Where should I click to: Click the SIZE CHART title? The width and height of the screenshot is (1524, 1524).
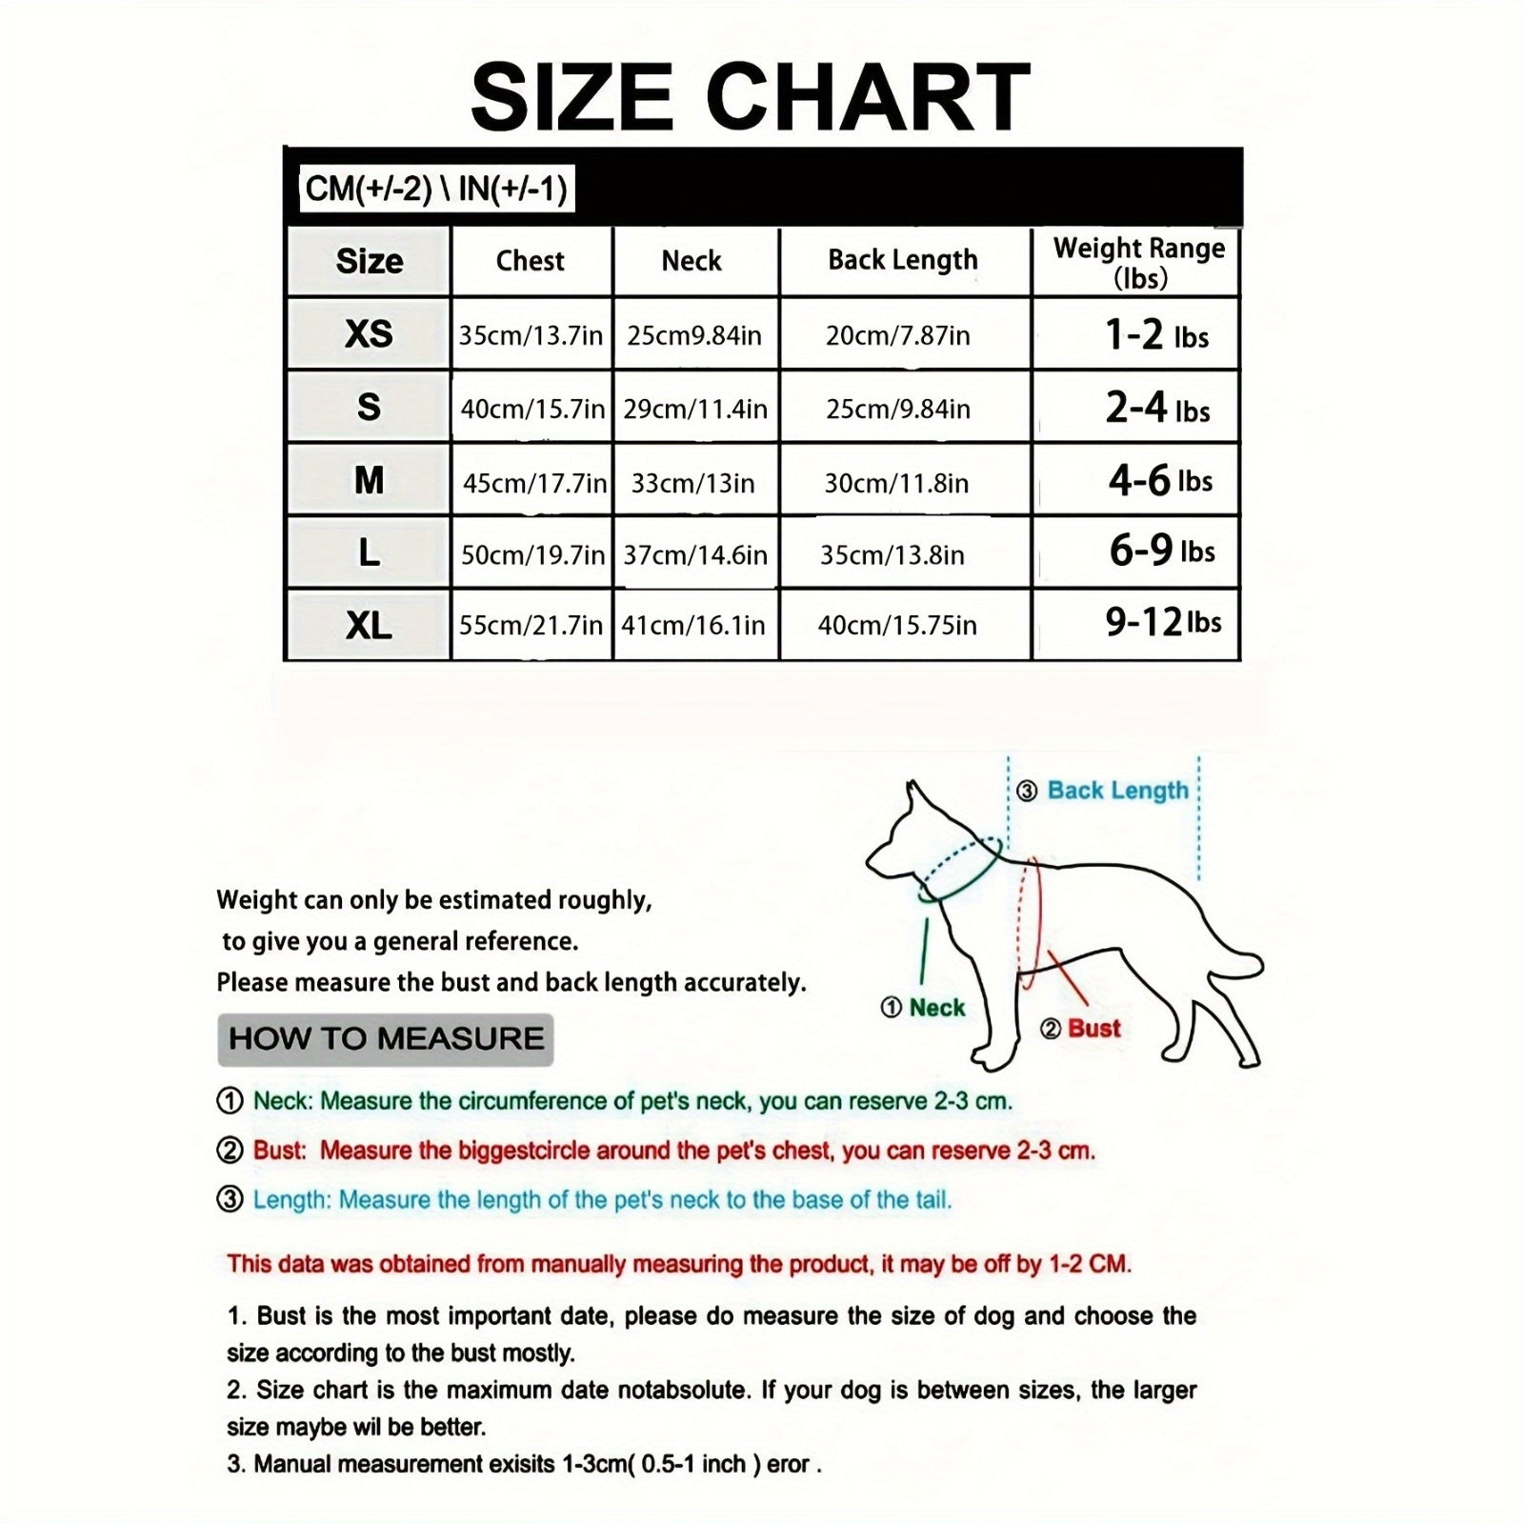[x=751, y=97]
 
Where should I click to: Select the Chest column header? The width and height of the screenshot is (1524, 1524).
[x=530, y=261]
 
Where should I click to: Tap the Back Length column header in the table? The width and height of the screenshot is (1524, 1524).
[x=902, y=260]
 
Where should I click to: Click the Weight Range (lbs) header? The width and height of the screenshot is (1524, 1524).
[x=1138, y=262]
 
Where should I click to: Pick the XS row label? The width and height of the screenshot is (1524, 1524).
[x=369, y=334]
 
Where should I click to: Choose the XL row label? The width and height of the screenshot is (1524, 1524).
[x=369, y=626]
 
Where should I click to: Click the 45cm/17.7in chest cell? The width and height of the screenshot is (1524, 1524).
[x=533, y=483]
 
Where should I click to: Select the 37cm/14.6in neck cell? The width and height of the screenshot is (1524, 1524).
[x=694, y=555]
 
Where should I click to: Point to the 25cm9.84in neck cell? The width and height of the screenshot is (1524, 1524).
[x=693, y=335]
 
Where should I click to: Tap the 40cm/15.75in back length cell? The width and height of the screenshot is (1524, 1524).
[x=896, y=626]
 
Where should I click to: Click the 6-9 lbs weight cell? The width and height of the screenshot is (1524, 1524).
[x=1161, y=551]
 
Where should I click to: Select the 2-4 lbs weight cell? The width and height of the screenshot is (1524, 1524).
[x=1156, y=409]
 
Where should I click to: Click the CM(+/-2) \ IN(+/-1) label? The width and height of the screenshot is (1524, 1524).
[x=435, y=189]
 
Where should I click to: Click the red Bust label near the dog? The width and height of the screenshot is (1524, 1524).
[x=1093, y=1029]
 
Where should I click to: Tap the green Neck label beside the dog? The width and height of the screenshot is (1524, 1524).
[x=936, y=1008]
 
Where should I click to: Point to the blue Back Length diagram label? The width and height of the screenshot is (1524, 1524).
[x=1117, y=791]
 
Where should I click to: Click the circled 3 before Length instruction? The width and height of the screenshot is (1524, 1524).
[x=230, y=1199]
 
